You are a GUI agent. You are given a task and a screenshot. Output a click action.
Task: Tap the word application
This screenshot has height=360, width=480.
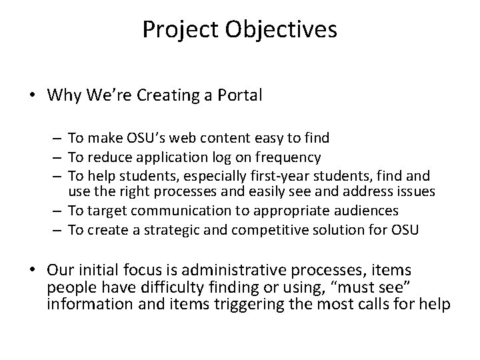(x=155, y=157)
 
